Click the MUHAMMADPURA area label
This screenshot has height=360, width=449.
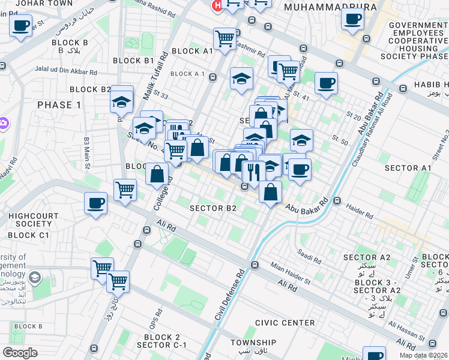tap(331, 7)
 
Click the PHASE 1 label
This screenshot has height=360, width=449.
tap(59, 105)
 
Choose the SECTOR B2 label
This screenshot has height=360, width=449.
tap(213, 208)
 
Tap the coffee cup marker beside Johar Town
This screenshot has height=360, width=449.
tap(21, 26)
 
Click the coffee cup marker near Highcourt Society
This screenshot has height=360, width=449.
tap(96, 203)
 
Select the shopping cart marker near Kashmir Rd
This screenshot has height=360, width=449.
tap(224, 39)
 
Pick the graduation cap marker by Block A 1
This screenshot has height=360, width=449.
tap(241, 79)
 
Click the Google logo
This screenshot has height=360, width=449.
tap(20, 353)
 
